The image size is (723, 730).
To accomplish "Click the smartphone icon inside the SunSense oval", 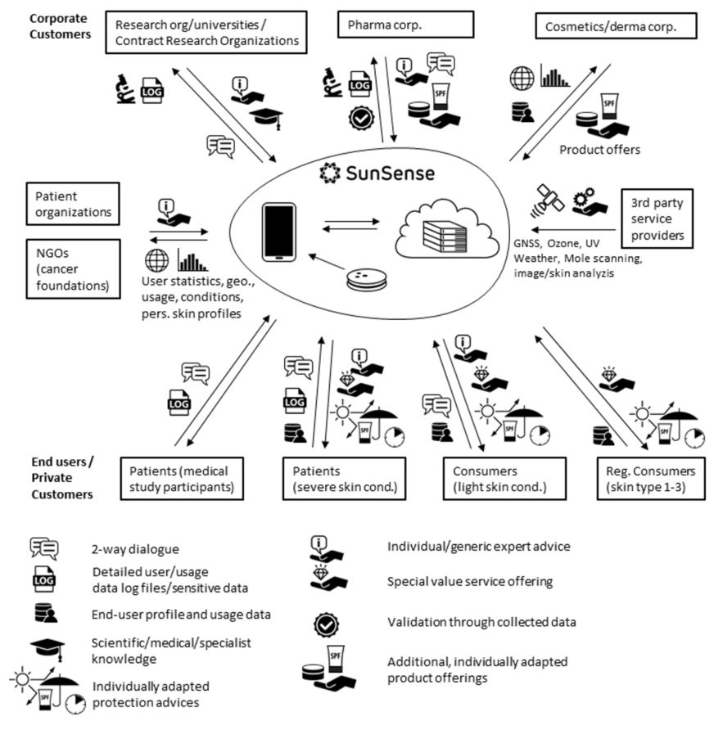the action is (x=279, y=232).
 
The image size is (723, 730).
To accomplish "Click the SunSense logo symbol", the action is (x=330, y=173).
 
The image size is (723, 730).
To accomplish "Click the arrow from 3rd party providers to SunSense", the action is (x=573, y=229).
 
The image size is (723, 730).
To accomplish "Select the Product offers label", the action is (x=599, y=150).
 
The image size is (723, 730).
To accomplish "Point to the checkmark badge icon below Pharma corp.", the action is (x=362, y=118).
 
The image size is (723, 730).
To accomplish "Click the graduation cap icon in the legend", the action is (x=47, y=649).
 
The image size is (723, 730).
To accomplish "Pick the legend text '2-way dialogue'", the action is (x=135, y=549).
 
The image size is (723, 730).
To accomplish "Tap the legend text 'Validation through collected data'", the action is (x=481, y=622).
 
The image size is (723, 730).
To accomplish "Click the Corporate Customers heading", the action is (x=60, y=26).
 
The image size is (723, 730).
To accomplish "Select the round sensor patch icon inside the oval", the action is (x=367, y=279).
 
